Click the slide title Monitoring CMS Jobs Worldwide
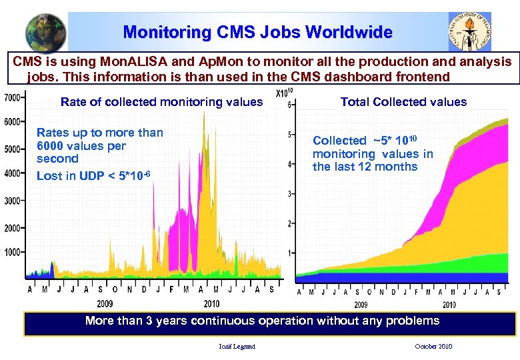(257, 31)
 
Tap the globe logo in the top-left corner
(45, 32)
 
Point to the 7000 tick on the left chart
(12, 97)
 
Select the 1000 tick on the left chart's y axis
(12, 252)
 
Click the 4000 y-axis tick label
(12, 173)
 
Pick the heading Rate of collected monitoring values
(161, 102)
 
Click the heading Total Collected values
(403, 102)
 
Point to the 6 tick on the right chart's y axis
(289, 105)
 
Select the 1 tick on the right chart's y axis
(289, 253)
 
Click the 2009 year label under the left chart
(104, 303)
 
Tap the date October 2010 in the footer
(433, 346)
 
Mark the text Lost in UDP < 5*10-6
(93, 175)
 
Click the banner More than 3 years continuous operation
(262, 321)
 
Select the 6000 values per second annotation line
(81, 146)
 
